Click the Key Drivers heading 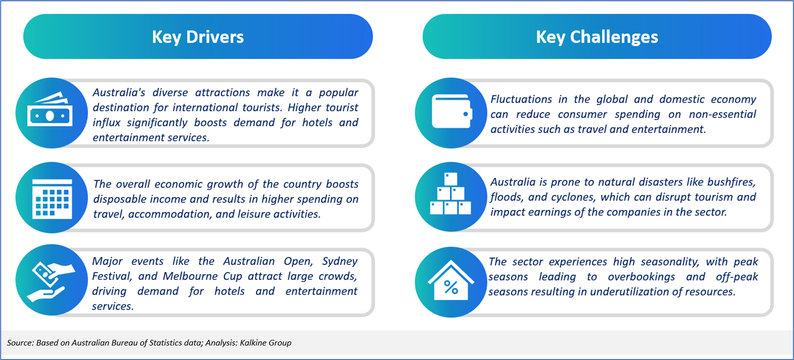click(x=198, y=37)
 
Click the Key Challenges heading click(x=597, y=37)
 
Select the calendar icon click(x=52, y=199)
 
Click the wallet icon click(x=452, y=111)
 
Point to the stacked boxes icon click(x=450, y=194)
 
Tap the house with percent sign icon click(x=451, y=280)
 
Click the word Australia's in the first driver click(x=119, y=92)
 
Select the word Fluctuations click(x=521, y=99)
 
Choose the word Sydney click(x=340, y=262)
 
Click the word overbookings click(x=641, y=277)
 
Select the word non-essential click(x=722, y=115)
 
